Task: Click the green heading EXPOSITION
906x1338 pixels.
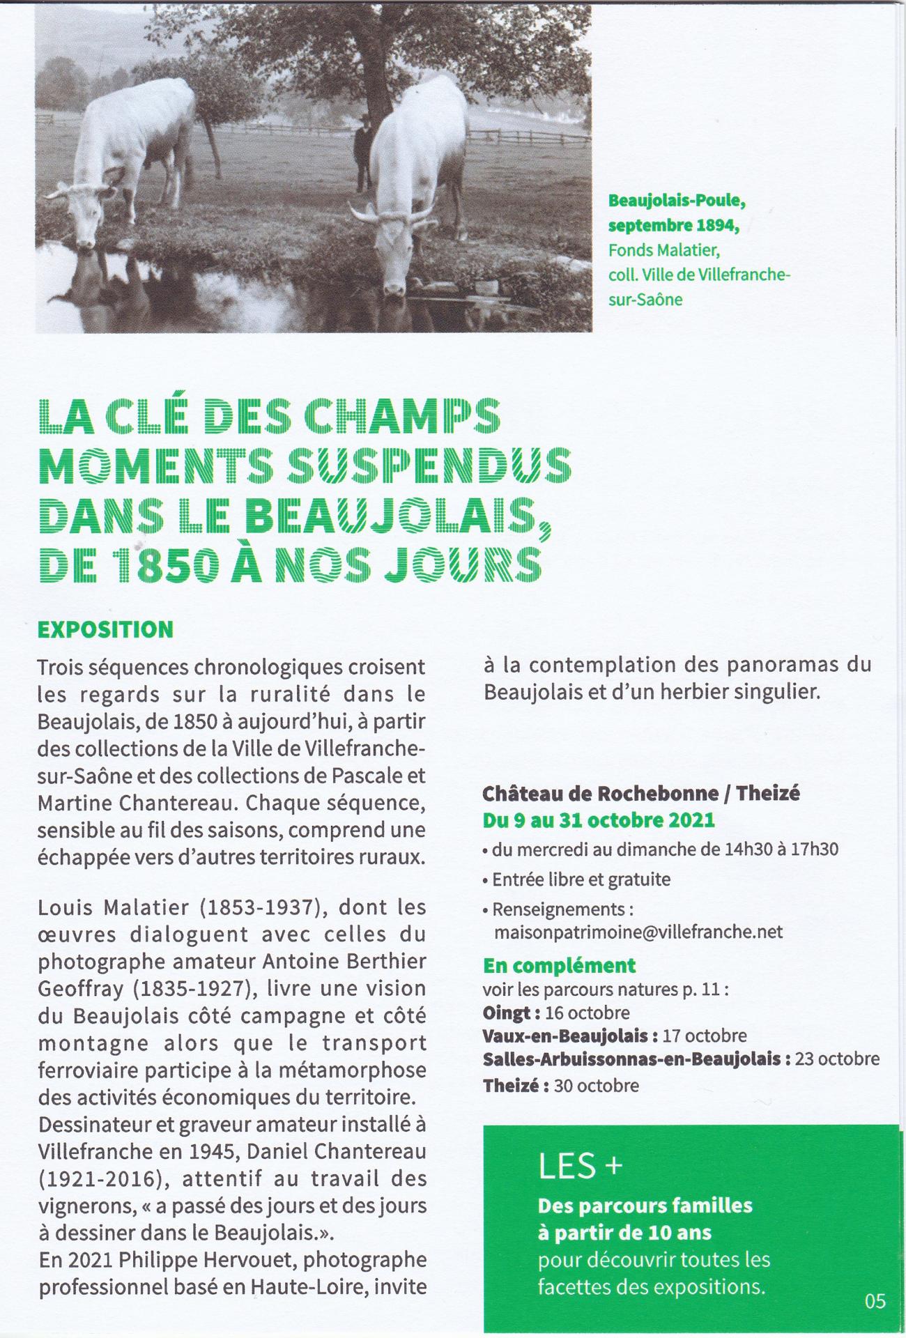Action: coord(105,629)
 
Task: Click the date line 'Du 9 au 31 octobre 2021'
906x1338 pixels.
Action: coord(599,820)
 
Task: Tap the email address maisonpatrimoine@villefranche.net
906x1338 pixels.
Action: coord(638,932)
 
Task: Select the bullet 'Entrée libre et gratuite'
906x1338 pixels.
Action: coord(581,879)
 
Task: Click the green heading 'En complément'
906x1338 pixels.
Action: coord(559,966)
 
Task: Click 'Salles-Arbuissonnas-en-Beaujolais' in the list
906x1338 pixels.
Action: coord(633,1059)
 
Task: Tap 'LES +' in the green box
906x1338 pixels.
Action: coord(579,1167)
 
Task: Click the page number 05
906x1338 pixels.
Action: coord(875,1300)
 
